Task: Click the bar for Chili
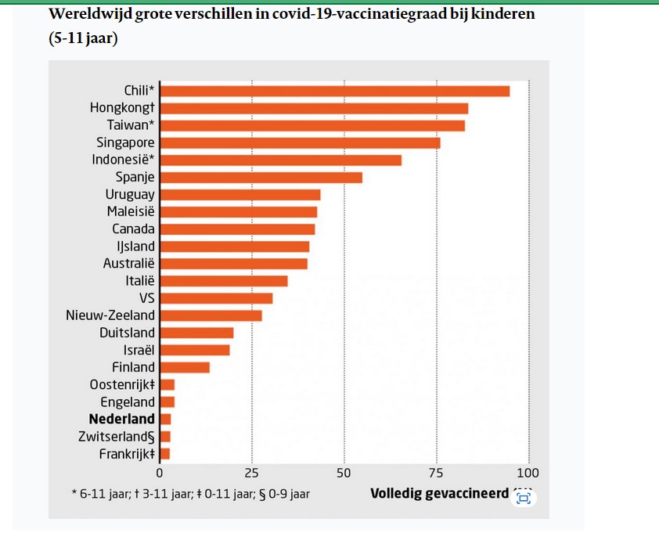(334, 91)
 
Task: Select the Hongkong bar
(314, 108)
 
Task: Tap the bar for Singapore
(300, 142)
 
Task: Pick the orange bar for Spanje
(261, 177)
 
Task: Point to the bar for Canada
(237, 229)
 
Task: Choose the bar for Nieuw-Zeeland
(211, 315)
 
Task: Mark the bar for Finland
(185, 367)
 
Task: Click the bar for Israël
(194, 350)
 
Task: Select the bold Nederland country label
(122, 420)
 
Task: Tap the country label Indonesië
(123, 160)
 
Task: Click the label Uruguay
(130, 194)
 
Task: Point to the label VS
(146, 298)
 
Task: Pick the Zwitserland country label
(117, 437)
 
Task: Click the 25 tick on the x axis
(252, 473)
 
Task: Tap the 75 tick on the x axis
(437, 473)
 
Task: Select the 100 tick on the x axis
(528, 473)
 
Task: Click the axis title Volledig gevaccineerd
(439, 495)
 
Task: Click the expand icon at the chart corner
(524, 498)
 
